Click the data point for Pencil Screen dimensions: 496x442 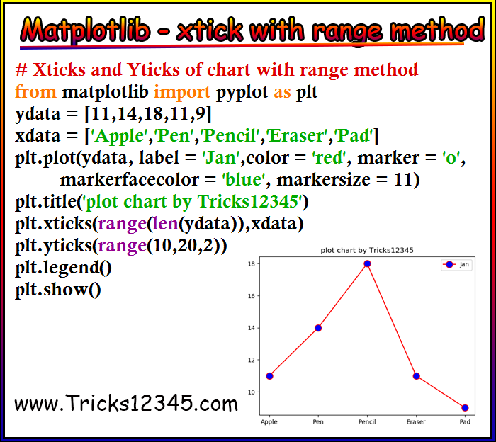pyautogui.click(x=367, y=263)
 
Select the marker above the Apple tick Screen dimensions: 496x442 pyautogui.click(x=269, y=376)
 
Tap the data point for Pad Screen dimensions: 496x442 pyautogui.click(x=465, y=408)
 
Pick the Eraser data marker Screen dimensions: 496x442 pyautogui.click(x=417, y=376)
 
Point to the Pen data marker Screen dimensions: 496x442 pyautogui.click(x=318, y=328)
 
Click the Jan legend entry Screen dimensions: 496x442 pyautogui.click(x=456, y=265)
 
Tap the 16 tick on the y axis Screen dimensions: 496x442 pyautogui.click(x=252, y=296)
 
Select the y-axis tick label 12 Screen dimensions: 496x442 pyautogui.click(x=252, y=360)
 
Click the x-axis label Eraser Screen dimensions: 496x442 pyautogui.click(x=416, y=421)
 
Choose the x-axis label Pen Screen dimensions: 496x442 pyautogui.click(x=318, y=421)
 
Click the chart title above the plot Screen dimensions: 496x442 pyautogui.click(x=367, y=251)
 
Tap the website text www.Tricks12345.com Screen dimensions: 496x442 pyautogui.click(x=126, y=403)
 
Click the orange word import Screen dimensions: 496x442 pyautogui.click(x=182, y=91)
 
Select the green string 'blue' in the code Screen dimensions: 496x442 pyautogui.click(x=244, y=180)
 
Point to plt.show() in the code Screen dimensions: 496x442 pyautogui.click(x=58, y=289)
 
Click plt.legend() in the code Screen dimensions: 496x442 pyautogui.click(x=63, y=268)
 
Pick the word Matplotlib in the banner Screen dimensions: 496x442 pyautogui.click(x=85, y=30)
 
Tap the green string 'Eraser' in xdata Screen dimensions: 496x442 pyautogui.click(x=297, y=135)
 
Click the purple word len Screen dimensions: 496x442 pyautogui.click(x=165, y=224)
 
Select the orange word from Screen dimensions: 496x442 pyautogui.click(x=35, y=91)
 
